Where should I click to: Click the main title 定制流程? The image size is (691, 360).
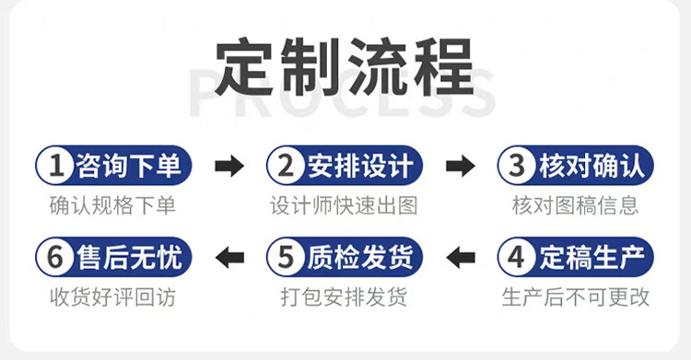345,67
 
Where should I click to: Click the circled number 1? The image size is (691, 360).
55,166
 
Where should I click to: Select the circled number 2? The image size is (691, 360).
286,166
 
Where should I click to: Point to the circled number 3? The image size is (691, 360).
517,166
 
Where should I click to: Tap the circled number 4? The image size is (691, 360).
517,257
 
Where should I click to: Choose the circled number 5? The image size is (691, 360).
286,257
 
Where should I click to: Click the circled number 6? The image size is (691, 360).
55,257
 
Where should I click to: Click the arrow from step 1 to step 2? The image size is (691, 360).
229,166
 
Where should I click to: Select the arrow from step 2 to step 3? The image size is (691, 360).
460,166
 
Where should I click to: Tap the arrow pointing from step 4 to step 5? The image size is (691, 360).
460,257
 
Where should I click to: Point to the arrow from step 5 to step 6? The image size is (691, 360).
229,257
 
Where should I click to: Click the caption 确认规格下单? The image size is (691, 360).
112,205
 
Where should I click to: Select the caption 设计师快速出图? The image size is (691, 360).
344,205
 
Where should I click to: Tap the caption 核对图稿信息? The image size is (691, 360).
575,205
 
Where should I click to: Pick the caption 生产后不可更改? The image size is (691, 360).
575,297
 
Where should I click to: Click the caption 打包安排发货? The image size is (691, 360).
344,297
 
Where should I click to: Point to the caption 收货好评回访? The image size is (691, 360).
112,297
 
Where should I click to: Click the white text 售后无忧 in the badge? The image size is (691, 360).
130,257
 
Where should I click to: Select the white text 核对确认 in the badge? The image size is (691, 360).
591,166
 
